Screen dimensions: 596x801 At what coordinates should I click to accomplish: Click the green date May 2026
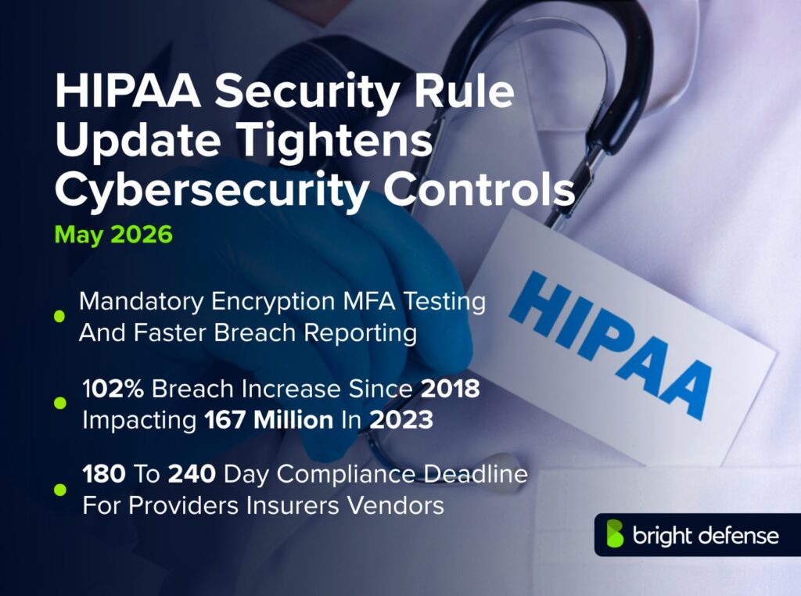[113, 235]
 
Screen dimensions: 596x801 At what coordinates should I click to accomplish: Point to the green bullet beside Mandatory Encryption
[59, 316]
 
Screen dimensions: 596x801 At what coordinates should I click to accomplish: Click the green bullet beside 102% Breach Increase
[59, 403]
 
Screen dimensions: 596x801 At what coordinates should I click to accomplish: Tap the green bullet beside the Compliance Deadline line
[59, 490]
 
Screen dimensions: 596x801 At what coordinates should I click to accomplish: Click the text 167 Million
[269, 419]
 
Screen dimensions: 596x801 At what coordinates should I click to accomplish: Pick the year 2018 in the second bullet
[451, 389]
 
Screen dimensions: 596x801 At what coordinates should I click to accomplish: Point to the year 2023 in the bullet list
[401, 419]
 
